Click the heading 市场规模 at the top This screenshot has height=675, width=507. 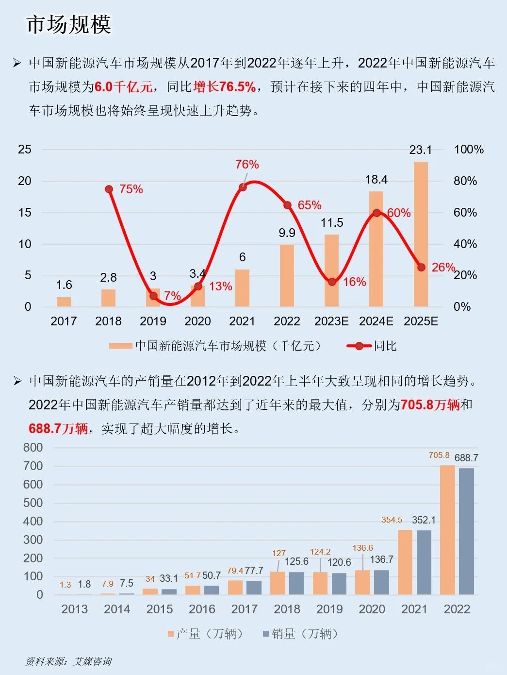click(68, 24)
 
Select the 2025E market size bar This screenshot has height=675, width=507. click(421, 234)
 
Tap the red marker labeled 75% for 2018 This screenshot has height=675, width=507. click(109, 189)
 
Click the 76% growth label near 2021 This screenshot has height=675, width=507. click(247, 165)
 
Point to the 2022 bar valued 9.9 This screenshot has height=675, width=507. click(287, 275)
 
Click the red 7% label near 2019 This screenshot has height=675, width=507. click(172, 296)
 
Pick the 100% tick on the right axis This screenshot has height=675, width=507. click(468, 150)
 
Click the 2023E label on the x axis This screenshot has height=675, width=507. click(331, 321)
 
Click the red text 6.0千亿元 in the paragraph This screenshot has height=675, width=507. click(123, 87)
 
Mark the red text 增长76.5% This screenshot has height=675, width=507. click(224, 87)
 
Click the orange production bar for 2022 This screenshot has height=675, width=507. click(447, 530)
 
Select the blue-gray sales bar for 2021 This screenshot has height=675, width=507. click(424, 562)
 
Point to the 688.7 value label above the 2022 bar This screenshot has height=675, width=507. click(466, 458)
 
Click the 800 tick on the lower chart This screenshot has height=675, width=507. click(33, 448)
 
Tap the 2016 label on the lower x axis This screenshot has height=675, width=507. click(202, 609)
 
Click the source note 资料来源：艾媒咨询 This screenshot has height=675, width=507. click(68, 661)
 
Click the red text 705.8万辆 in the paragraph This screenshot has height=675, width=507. click(430, 405)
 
